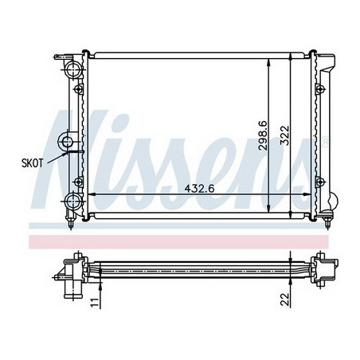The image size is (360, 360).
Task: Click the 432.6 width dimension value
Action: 199,189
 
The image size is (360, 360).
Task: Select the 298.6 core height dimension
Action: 263,136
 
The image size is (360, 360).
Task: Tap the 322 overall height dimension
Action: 285,135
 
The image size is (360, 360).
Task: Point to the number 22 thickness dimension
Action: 284,299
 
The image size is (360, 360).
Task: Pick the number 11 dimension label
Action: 95,303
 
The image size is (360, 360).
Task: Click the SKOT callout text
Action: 32,163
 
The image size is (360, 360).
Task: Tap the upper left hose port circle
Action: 73,69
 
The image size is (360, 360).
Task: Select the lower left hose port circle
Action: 73,202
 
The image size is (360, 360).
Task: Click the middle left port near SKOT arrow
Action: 67,141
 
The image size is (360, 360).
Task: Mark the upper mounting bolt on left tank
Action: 78,89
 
